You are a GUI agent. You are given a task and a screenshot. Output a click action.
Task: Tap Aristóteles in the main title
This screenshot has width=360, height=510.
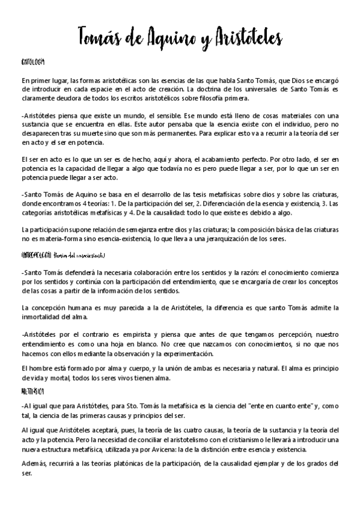pos(246,37)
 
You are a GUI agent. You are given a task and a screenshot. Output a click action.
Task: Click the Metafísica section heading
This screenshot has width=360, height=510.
pos(31,391)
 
